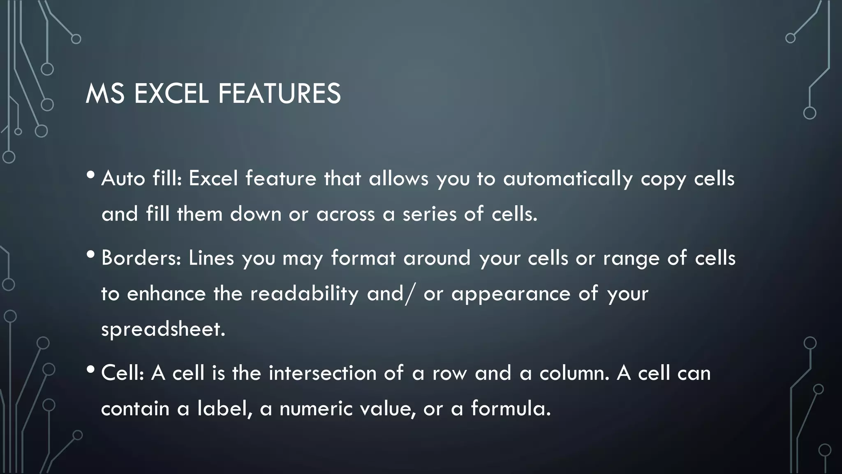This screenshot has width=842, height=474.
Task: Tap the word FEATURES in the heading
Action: (x=279, y=94)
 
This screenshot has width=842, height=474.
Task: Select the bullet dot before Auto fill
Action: (x=90, y=175)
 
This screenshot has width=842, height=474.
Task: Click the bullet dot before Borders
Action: (x=90, y=255)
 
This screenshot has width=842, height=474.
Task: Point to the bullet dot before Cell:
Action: (x=90, y=369)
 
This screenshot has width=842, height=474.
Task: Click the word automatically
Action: (x=568, y=179)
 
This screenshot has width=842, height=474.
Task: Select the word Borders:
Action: (x=141, y=258)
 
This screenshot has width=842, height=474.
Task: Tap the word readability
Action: (x=304, y=294)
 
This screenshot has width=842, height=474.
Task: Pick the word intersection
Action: (x=322, y=373)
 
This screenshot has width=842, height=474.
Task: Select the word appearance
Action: (x=511, y=294)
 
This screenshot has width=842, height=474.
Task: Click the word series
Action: (x=429, y=214)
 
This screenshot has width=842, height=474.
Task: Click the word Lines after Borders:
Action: (x=211, y=258)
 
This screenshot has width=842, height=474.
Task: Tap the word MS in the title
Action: (x=105, y=94)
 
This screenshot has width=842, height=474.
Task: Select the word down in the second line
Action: (x=255, y=214)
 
